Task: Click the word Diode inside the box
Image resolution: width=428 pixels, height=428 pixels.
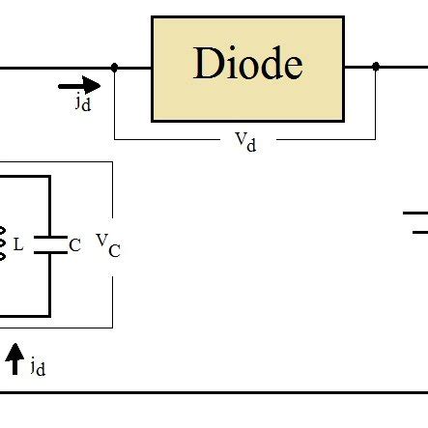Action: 247,65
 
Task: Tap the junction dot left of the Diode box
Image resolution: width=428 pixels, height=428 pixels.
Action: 114,68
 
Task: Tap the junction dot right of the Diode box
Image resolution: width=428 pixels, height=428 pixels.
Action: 375,68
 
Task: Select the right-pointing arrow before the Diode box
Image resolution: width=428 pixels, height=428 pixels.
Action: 85,86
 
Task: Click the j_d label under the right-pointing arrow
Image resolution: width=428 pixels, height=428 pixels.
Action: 83,103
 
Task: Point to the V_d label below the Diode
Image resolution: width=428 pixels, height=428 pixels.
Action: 245,141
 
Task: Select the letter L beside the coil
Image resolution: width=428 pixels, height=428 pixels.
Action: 18,245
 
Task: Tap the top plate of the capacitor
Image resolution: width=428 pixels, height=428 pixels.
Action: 49,238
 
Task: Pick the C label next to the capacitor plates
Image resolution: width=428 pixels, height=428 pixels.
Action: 74,245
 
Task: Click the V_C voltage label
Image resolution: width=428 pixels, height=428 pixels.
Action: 107,244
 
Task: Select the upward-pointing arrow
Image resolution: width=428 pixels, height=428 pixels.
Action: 14,359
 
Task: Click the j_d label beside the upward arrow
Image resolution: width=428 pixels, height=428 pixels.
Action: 37,366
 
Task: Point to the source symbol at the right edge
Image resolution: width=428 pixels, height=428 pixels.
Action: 415,222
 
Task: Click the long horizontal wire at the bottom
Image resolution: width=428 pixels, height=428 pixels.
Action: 213,393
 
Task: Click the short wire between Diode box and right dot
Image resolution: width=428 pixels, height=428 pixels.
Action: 358,68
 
